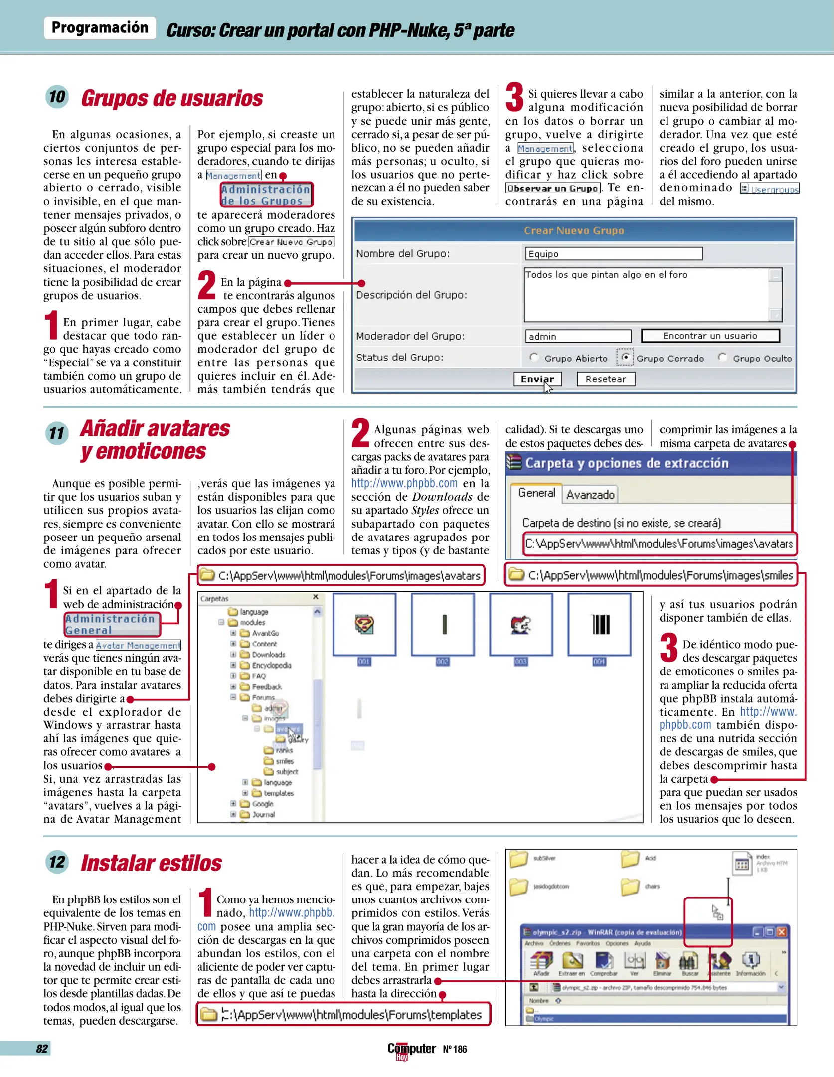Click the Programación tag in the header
100,27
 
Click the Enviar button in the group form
537,379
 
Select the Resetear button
606,379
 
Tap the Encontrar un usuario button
710,336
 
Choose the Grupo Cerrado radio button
625,357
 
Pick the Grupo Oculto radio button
722,357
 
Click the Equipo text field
613,254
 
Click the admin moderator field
578,336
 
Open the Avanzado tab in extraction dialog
590,495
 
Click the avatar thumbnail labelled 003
521,624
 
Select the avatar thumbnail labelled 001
364,624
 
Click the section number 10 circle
57,96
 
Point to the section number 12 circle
57,862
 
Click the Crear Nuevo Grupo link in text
291,242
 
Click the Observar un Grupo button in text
553,188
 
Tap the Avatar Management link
138,645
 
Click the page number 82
42,1048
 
